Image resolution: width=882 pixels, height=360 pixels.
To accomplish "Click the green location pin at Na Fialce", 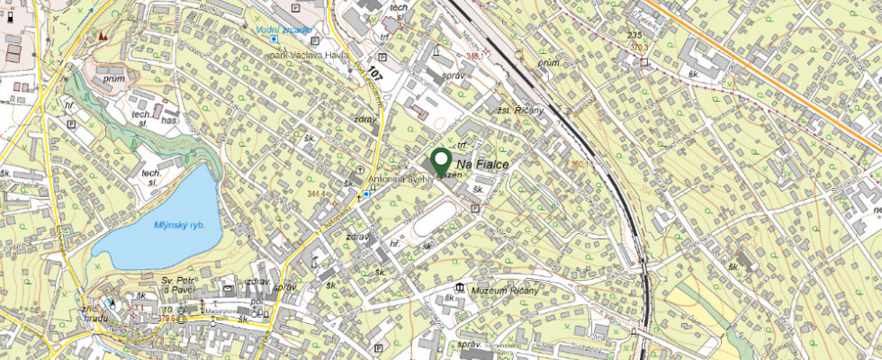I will pyautogui.click(x=441, y=161).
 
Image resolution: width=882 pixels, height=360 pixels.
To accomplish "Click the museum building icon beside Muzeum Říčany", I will pyautogui.click(x=460, y=288).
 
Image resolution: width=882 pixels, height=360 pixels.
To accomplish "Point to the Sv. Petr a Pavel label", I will pyautogui.click(x=178, y=285).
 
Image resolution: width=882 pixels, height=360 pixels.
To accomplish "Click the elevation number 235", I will pyautogui.click(x=634, y=34).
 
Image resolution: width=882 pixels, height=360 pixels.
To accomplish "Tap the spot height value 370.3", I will pyautogui.click(x=639, y=49).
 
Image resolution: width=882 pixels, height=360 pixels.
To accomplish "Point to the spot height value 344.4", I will pyautogui.click(x=315, y=193).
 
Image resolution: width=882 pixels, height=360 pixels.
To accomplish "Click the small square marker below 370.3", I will pyautogui.click(x=644, y=62).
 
